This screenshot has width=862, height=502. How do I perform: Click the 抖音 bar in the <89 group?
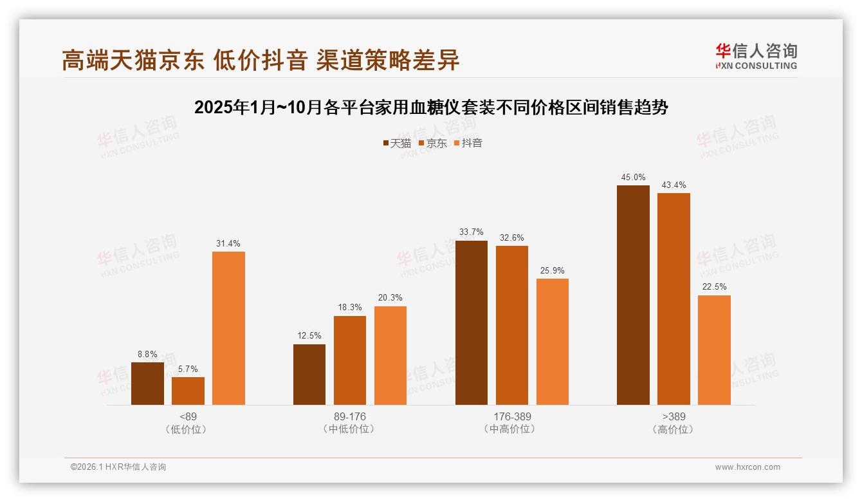point(228,328)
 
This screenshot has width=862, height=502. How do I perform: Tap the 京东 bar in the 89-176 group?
point(349,360)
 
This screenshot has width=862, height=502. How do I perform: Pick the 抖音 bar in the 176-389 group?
point(552,342)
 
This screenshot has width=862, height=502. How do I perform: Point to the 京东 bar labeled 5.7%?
point(188,391)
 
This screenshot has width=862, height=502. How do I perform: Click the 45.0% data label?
point(633,178)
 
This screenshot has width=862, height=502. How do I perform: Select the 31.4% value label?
point(228,244)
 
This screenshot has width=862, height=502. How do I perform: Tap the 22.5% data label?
point(714,287)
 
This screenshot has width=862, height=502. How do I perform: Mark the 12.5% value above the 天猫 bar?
point(309,336)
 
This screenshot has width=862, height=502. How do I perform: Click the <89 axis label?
point(188,416)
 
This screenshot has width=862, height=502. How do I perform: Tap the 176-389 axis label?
point(512,416)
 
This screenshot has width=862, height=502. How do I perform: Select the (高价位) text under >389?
point(674,429)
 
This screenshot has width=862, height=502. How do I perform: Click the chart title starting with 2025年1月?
point(431,107)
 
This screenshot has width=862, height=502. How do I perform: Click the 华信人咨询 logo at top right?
point(756,56)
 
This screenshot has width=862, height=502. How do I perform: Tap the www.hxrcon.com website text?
point(747,467)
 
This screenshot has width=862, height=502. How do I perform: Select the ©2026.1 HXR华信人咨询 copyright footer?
point(118,467)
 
